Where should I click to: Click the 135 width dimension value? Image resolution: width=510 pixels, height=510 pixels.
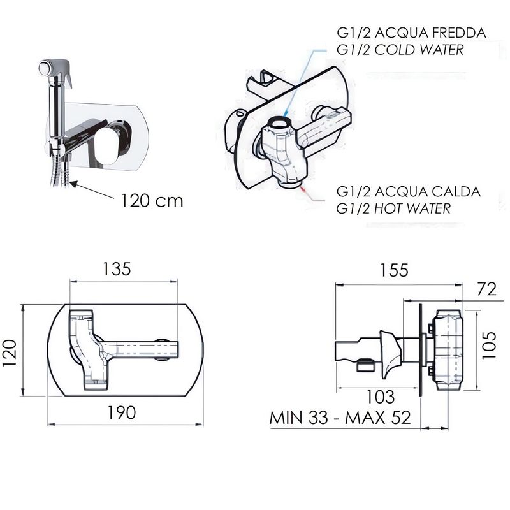point(117,269)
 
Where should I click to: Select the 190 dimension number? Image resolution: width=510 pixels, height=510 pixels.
point(122,412)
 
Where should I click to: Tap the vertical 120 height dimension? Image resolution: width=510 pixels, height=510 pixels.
point(10,353)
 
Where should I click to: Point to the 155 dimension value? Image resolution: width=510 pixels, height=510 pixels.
point(394,270)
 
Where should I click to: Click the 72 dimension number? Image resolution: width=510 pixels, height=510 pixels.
point(487,289)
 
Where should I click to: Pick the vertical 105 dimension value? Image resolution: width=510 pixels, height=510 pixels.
point(489,345)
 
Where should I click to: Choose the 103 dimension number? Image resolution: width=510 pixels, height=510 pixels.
point(381,397)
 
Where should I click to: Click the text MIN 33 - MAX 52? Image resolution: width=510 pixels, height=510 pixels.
point(340,418)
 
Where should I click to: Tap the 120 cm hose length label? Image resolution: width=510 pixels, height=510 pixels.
point(152,200)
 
